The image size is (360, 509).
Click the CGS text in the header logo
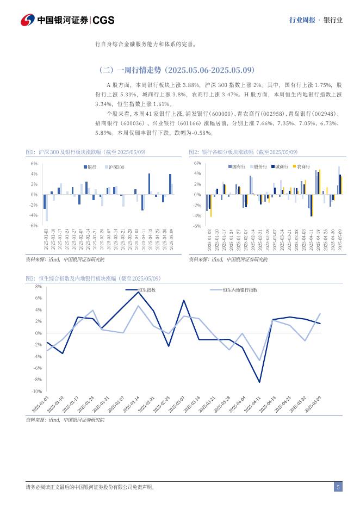(103, 21)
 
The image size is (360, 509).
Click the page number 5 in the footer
(338, 487)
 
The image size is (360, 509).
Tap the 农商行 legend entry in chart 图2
(302, 166)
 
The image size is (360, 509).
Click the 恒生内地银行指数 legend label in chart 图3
(240, 290)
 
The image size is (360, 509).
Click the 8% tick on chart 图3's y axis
(38, 286)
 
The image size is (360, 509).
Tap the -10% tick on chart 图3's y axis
(37, 391)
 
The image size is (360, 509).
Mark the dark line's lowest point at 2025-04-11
(259, 382)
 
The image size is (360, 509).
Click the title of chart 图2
(243, 152)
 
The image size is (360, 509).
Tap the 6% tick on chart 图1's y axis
(34, 163)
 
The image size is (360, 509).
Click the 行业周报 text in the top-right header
(302, 21)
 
